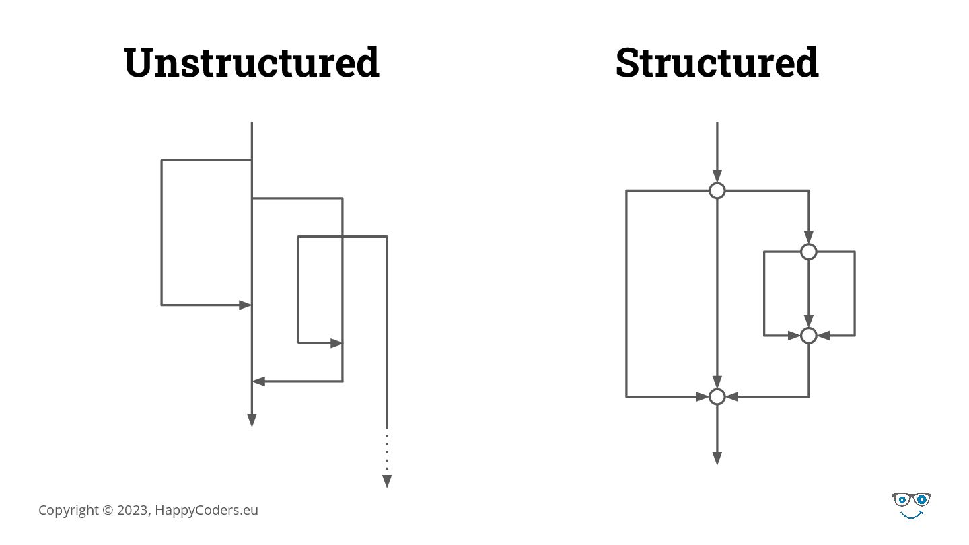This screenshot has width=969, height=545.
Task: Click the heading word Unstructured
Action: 252,62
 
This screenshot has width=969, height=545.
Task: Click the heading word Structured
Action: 717,62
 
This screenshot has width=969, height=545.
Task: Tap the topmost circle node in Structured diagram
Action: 717,191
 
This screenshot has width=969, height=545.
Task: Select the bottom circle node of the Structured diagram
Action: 717,397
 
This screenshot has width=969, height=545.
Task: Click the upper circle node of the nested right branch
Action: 809,252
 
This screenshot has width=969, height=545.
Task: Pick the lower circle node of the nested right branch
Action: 809,335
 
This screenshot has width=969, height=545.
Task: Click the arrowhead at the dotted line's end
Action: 387,481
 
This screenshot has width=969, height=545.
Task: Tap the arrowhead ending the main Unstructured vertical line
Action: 252,421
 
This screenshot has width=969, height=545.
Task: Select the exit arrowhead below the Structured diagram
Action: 717,458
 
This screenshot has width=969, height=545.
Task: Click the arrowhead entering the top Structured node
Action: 717,176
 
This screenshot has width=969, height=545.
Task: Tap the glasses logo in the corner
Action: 912,501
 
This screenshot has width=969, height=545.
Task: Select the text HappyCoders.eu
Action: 207,510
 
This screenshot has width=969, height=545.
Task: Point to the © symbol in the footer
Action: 108,510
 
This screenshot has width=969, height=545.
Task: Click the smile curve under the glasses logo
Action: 912,515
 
